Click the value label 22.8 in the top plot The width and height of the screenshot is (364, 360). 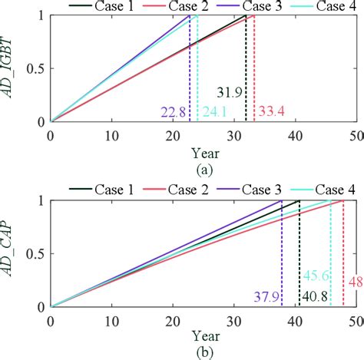(x=173, y=112)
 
